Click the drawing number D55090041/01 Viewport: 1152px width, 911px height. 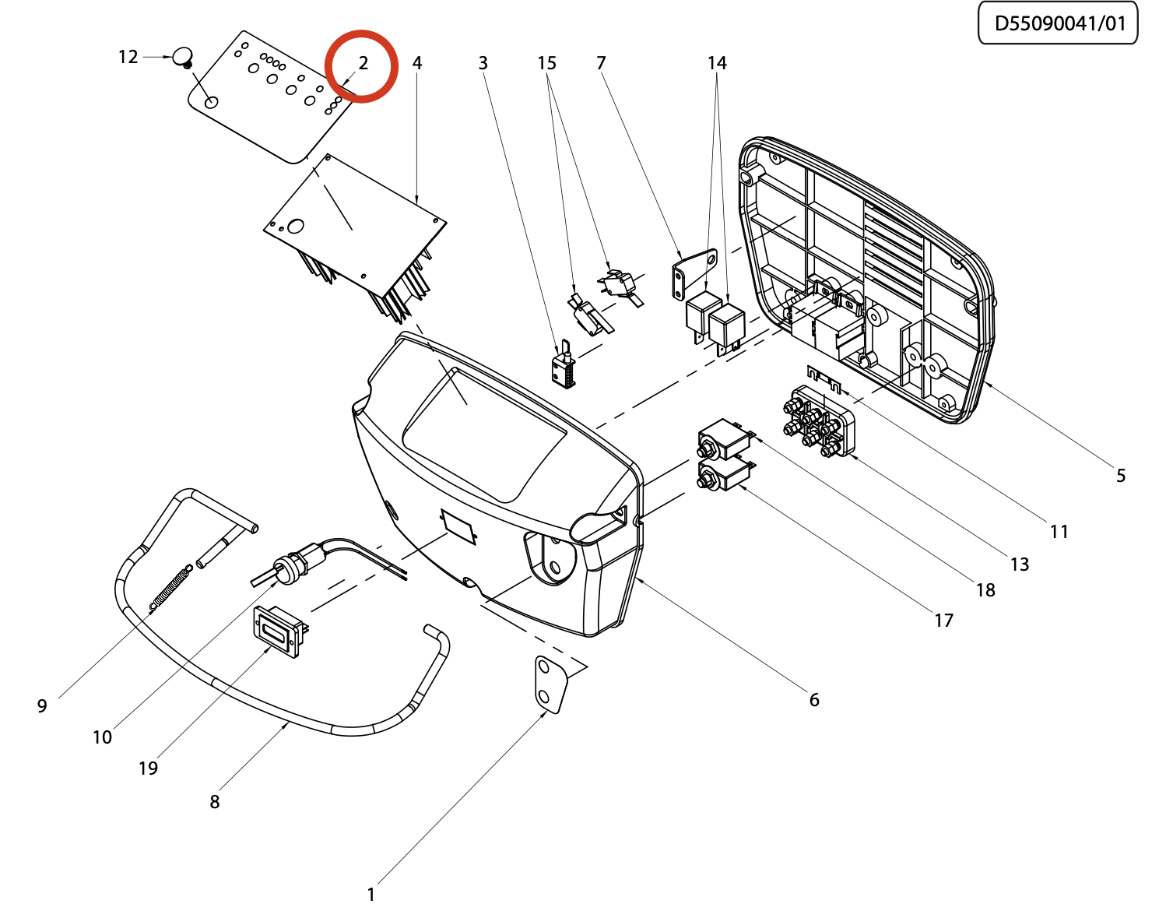[1060, 23]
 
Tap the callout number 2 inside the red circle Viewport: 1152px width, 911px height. [363, 63]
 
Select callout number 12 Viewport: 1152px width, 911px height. [128, 57]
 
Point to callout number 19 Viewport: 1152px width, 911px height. [149, 769]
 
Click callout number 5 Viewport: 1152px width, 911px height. [1120, 476]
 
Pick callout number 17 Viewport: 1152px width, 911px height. [943, 621]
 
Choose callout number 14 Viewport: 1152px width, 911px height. [718, 63]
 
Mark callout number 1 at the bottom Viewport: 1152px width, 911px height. [371, 895]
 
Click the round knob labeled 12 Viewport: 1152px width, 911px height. [183, 57]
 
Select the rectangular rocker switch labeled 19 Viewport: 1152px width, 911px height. [280, 632]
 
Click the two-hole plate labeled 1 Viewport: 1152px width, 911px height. [551, 684]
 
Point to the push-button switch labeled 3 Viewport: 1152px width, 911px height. [564, 364]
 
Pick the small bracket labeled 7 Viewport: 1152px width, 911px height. [694, 273]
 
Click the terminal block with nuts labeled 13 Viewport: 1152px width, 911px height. [819, 422]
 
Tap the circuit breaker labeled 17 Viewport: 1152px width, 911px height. [725, 474]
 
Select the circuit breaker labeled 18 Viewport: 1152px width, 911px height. [726, 440]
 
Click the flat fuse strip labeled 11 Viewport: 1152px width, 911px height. [824, 378]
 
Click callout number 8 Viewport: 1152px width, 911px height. [214, 802]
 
